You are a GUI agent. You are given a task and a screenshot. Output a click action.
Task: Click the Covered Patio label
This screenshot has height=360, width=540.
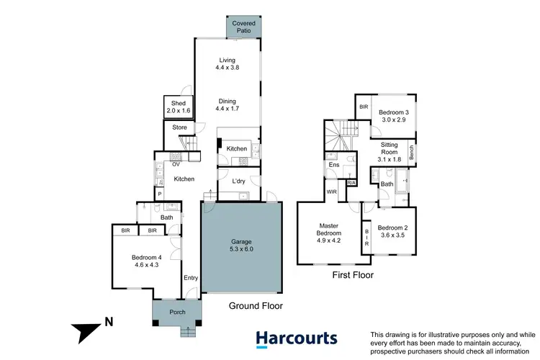pos(243,27)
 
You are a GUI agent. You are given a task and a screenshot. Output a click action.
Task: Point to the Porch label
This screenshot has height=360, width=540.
pos(177,312)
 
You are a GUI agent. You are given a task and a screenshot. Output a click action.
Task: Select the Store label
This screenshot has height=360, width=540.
pos(179,129)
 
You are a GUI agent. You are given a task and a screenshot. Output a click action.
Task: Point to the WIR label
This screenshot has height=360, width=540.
pos(332,192)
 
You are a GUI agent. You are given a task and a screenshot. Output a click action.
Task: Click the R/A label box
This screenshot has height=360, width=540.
pos(351,183)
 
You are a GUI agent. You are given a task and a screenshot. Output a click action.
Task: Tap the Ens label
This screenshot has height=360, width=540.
pos(334,166)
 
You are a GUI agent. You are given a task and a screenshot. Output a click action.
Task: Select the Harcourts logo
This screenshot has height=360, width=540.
pos(297,338)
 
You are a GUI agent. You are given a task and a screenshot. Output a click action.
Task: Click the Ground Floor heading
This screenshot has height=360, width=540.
pos(256,306)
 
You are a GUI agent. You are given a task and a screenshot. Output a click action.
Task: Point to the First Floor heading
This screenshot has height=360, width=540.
pos(352,274)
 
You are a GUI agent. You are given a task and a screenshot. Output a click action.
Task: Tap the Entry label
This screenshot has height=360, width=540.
pos(190,278)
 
